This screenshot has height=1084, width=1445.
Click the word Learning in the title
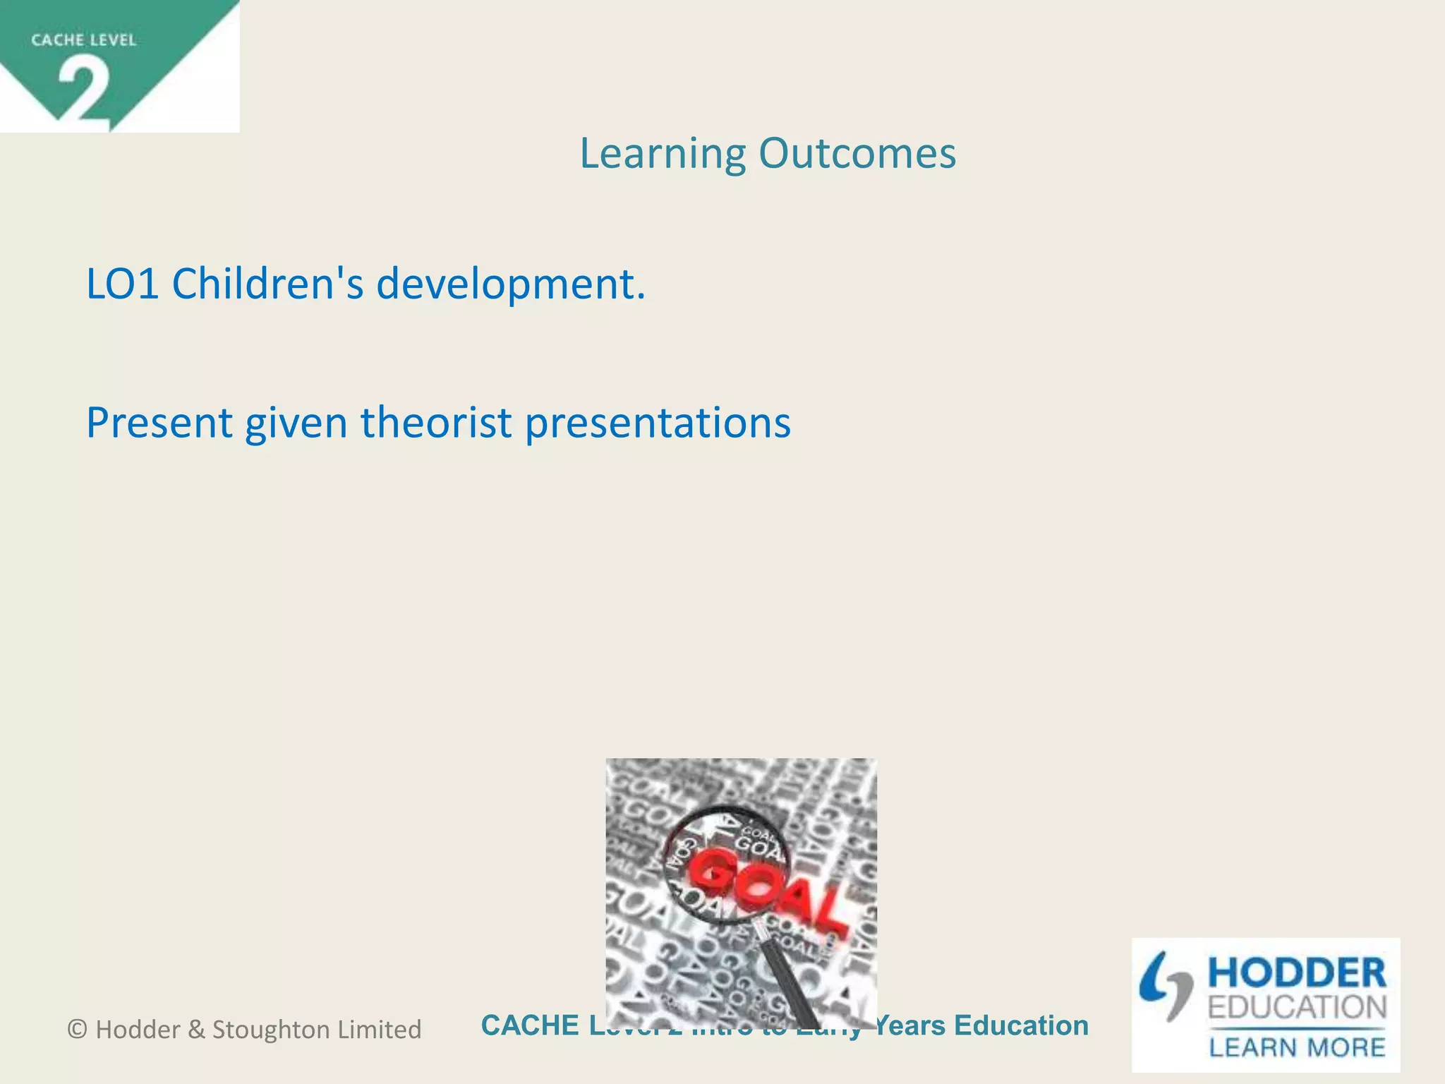coord(662,154)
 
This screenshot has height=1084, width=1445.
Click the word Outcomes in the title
coord(857,154)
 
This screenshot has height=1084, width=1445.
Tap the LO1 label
coord(122,284)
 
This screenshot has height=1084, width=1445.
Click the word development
coord(511,284)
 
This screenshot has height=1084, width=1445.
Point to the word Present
coord(159,423)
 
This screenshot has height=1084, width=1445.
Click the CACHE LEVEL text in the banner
coord(83,40)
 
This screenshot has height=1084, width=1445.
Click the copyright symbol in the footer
coord(77,1030)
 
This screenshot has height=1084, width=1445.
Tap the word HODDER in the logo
coord(1297,974)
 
